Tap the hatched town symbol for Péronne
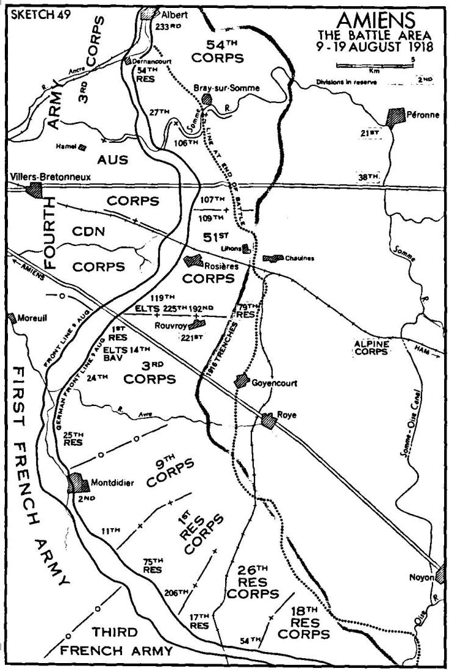pos(396,116)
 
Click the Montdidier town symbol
pos(77,482)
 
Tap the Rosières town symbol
pos(194,260)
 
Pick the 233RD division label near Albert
pos(169,27)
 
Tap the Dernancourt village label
pos(151,61)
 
